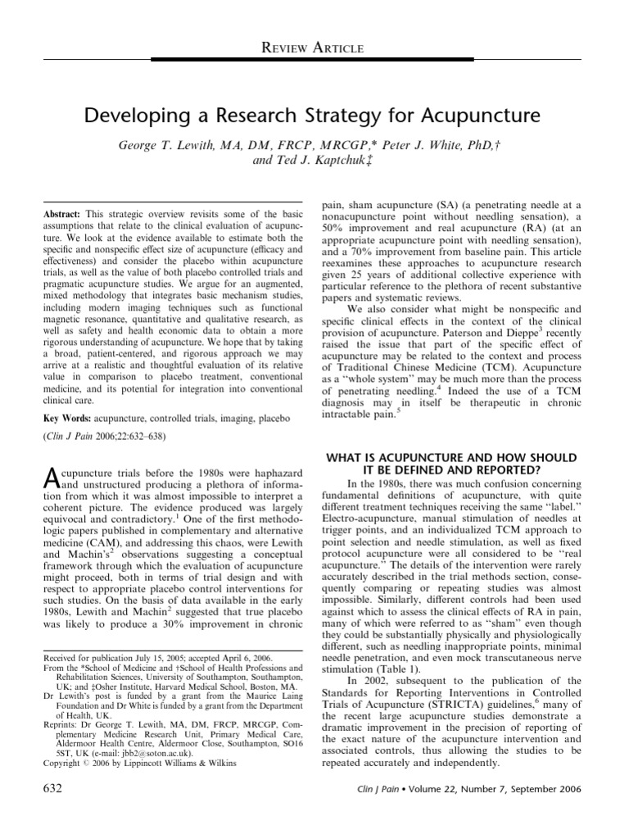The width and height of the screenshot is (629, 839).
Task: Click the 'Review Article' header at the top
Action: tap(314, 50)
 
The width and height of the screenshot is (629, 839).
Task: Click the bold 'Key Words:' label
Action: tap(67, 419)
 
